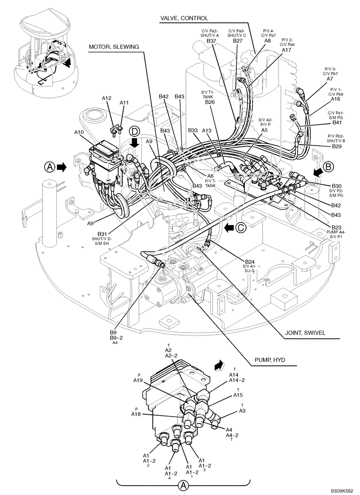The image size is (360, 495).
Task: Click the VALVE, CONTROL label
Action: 180,18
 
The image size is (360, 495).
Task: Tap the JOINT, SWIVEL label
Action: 306,333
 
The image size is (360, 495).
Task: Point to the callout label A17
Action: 286,50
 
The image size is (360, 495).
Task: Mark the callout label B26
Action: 210,102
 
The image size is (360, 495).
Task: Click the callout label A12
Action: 107,99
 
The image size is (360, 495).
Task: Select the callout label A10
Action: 79,133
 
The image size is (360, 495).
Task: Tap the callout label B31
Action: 103,234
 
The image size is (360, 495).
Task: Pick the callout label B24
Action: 251,261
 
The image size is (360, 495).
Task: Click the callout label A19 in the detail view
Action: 137,380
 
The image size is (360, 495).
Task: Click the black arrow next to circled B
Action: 319,171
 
